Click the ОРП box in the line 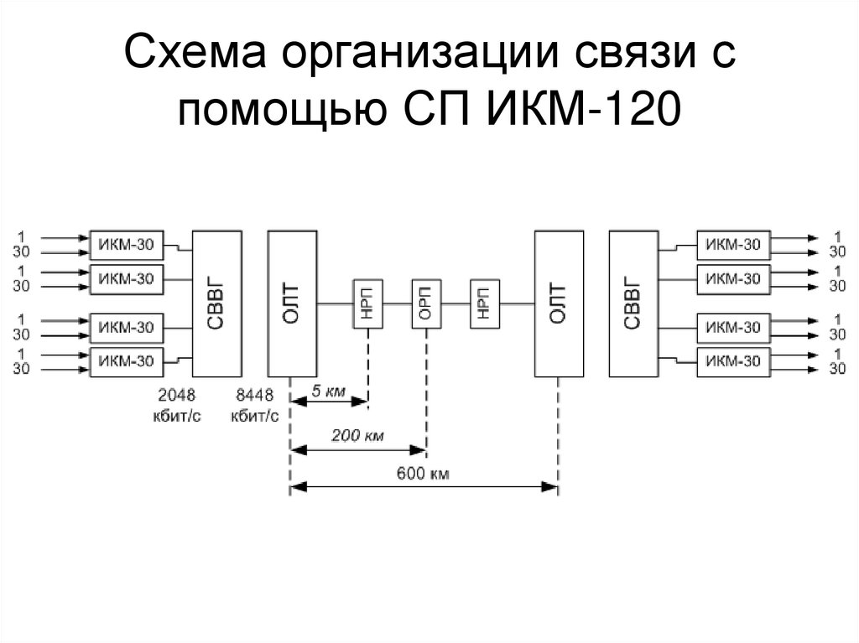pos(427,304)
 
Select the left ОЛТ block pos(292,304)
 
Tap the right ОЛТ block pos(559,304)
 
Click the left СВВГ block pos(217,304)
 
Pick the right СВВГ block pos(634,304)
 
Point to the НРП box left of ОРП pos(367,304)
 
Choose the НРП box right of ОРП pos(485,304)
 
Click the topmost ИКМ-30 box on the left pos(127,245)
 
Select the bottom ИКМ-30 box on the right pos(733,362)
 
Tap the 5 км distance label pos(328,391)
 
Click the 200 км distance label pos(357,435)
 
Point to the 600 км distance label pos(423,473)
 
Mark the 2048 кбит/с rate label pos(176,405)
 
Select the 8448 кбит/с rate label pos(255,405)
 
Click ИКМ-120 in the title pos(584,108)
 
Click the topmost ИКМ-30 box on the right pos(733,245)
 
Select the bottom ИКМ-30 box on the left pos(127,362)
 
